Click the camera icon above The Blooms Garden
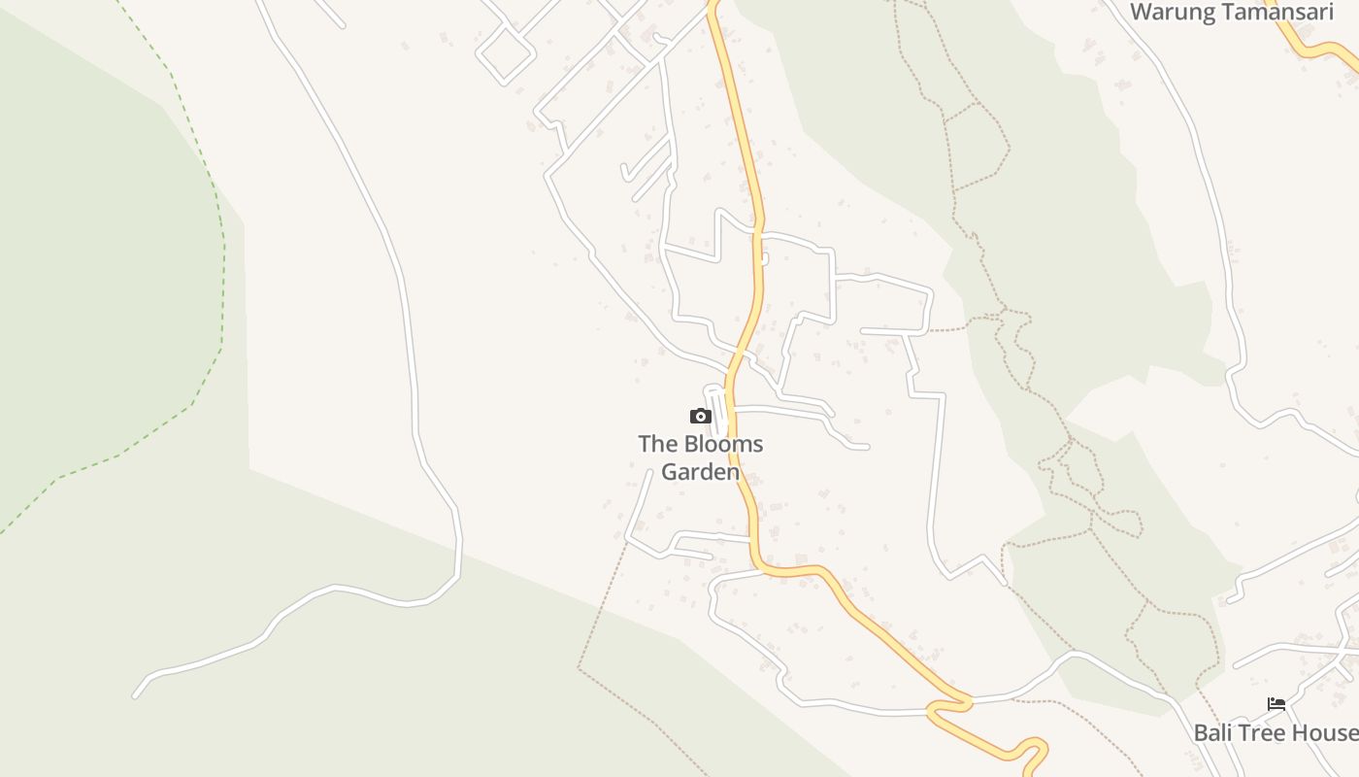tap(700, 417)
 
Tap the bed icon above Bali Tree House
tap(1276, 704)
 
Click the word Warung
tap(1172, 13)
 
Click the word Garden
tap(700, 473)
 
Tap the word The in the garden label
tap(655, 445)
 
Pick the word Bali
tap(1214, 733)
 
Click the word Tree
tap(1264, 733)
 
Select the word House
tap(1326, 733)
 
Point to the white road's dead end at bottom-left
tap(135, 695)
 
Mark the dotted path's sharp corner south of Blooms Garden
tap(580, 668)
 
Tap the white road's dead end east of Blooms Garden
tap(867, 448)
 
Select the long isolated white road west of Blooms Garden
tap(408, 321)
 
